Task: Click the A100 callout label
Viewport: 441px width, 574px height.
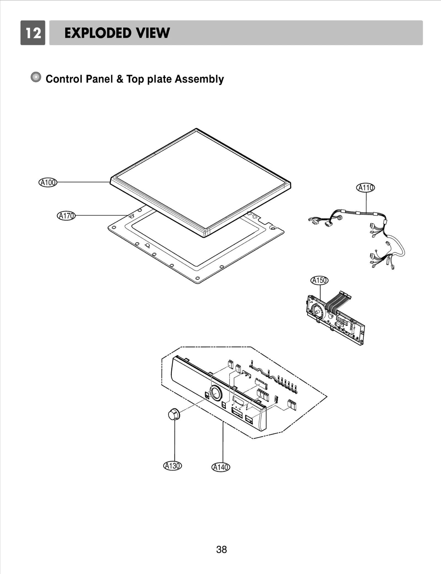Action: (x=48, y=182)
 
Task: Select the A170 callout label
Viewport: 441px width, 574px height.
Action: (x=66, y=215)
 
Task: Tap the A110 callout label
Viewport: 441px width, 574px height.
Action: (x=366, y=188)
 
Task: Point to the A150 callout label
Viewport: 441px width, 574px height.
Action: (x=320, y=280)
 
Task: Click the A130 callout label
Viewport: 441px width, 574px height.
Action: (x=173, y=466)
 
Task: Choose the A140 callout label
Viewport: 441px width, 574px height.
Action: (x=221, y=467)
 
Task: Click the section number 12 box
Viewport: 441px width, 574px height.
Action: (x=33, y=33)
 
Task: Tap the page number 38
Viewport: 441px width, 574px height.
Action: (x=221, y=549)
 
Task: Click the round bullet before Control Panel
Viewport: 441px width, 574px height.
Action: (x=36, y=77)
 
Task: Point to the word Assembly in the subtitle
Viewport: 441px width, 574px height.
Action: (x=199, y=79)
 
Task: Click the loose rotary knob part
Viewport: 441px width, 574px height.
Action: (x=174, y=414)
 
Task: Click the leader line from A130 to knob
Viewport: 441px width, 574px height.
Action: (x=175, y=441)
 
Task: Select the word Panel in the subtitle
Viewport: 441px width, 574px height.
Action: (x=100, y=79)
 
